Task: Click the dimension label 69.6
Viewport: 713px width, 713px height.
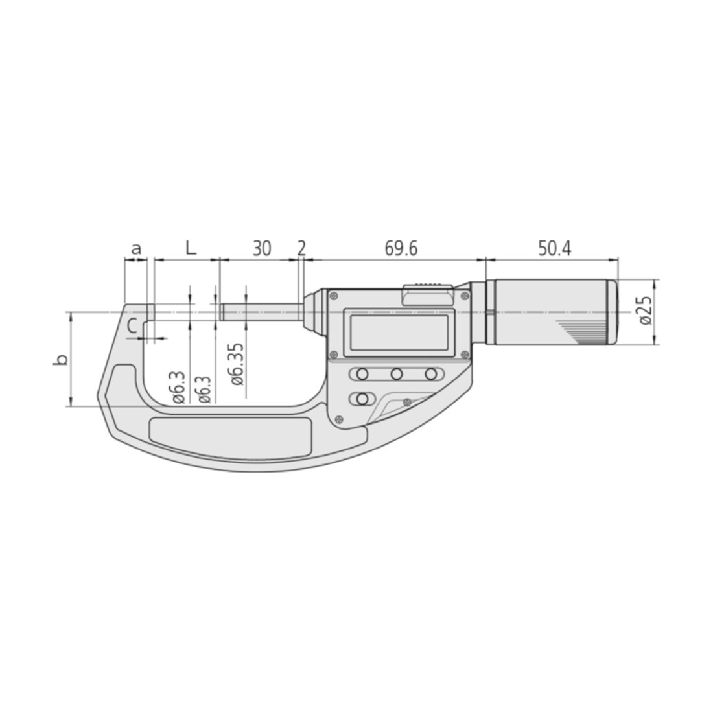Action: pyautogui.click(x=401, y=249)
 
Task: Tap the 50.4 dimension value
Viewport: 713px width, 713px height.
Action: pyautogui.click(x=554, y=249)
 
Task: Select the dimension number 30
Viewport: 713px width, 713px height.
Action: pyautogui.click(x=262, y=249)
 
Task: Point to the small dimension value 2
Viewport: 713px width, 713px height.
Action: pyautogui.click(x=301, y=249)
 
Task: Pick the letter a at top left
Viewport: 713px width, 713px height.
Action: pyautogui.click(x=136, y=250)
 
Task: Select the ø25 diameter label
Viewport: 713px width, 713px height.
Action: pyautogui.click(x=646, y=310)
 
